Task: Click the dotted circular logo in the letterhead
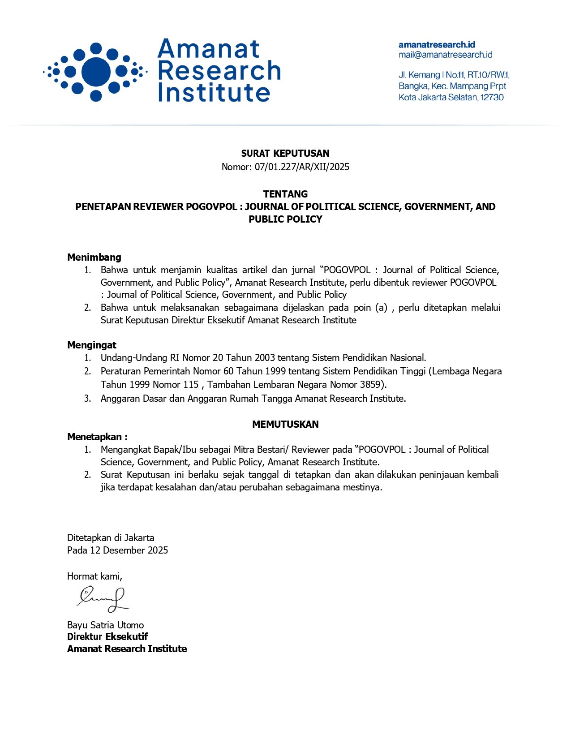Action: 95,72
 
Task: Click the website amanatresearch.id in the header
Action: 437,45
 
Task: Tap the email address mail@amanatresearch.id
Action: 445,55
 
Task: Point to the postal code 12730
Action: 492,97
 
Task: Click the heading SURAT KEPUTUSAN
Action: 285,154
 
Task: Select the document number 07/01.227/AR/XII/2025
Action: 302,167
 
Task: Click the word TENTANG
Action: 285,194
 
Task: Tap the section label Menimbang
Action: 94,257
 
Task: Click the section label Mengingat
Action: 91,345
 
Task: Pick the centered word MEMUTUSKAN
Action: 285,424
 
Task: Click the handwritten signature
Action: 103,599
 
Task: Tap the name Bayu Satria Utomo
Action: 105,625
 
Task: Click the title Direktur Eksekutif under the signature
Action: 107,636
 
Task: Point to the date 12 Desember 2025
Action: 129,550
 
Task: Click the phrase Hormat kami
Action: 94,576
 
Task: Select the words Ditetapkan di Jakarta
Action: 111,537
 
